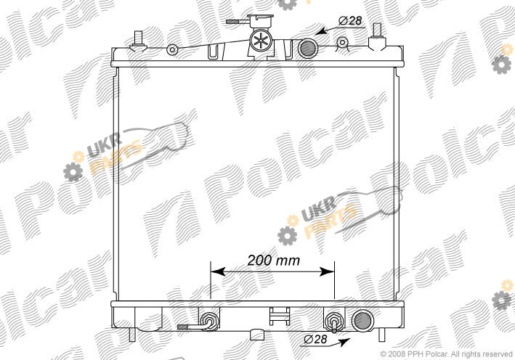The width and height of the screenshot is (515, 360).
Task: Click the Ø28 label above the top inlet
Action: coord(350,21)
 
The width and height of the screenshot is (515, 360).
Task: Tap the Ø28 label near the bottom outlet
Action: coord(316,339)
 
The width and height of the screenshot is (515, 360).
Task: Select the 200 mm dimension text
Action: coord(274,261)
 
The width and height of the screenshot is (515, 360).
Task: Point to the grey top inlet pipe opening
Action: coord(308,49)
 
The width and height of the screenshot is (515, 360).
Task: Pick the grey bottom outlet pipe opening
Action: coord(362,320)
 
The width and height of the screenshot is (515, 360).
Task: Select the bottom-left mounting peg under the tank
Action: coord(132,335)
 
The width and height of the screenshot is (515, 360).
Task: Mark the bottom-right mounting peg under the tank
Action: coord(381,335)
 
